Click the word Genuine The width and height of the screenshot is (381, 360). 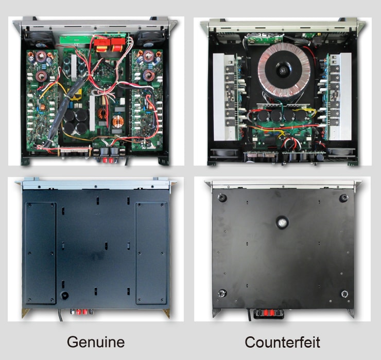pyautogui.click(x=95, y=341)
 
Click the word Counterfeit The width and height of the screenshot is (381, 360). pyautogui.click(x=282, y=341)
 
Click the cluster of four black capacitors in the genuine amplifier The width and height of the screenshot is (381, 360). pyautogui.click(x=76, y=122)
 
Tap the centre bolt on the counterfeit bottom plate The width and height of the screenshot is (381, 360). pyautogui.click(x=282, y=222)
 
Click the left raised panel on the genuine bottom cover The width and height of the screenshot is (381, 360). pyautogui.click(x=40, y=252)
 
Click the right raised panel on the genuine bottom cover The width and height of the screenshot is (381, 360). pyautogui.click(x=151, y=252)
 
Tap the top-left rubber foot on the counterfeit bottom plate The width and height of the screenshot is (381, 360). pyautogui.click(x=222, y=197)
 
